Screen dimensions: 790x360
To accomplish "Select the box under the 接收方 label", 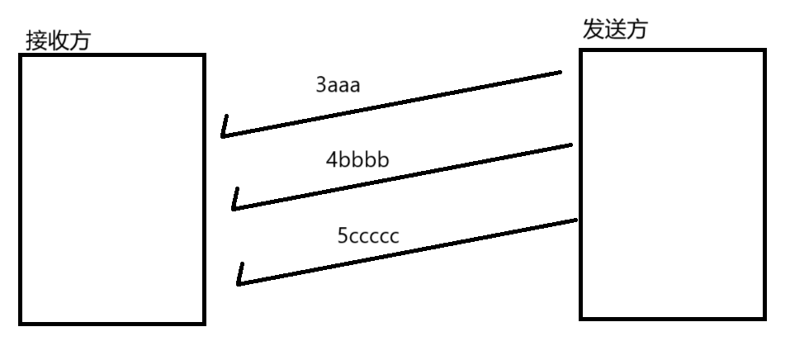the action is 111,189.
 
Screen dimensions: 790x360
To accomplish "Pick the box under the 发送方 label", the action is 672,183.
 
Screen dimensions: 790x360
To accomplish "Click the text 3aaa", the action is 338,85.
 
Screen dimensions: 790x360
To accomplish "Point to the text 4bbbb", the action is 357,160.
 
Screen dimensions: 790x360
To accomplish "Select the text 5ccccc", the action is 368,236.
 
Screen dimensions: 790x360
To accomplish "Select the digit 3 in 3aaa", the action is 321,85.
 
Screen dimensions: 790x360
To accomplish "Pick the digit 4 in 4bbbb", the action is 332,160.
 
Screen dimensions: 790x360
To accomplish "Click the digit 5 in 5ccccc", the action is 342,236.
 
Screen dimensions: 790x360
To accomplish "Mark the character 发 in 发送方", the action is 593,30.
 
